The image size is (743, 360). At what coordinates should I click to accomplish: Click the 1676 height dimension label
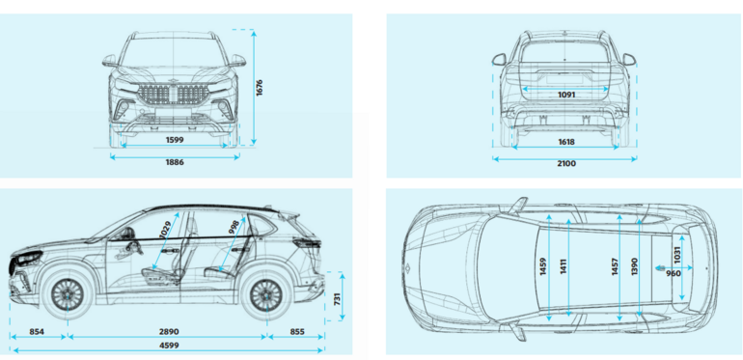[x=260, y=88]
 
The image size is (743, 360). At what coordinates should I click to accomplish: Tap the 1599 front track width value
[x=175, y=140]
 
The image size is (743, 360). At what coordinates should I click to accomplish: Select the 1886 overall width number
[x=175, y=162]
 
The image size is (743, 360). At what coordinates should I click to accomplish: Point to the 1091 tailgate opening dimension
[x=566, y=95]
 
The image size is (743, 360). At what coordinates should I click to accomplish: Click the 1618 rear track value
[x=566, y=141]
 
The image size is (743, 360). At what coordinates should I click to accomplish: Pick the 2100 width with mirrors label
[x=566, y=164]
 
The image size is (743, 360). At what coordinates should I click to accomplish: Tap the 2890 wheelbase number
[x=169, y=332]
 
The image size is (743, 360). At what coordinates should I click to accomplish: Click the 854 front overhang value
[x=36, y=332]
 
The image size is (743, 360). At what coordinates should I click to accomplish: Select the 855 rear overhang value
[x=296, y=332]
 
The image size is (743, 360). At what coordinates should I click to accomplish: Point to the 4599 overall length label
[x=169, y=346]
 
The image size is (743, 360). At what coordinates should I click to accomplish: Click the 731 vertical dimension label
[x=337, y=300]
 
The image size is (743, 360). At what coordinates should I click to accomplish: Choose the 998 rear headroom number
[x=234, y=227]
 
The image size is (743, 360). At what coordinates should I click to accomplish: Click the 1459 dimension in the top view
[x=543, y=266]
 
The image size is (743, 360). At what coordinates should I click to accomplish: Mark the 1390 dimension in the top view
[x=635, y=266]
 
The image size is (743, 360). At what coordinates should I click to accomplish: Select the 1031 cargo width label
[x=676, y=256]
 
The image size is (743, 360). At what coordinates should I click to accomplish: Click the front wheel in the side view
[x=68, y=294]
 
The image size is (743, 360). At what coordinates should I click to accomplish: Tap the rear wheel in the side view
[x=265, y=294]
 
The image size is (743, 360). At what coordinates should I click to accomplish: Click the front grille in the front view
[x=174, y=93]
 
